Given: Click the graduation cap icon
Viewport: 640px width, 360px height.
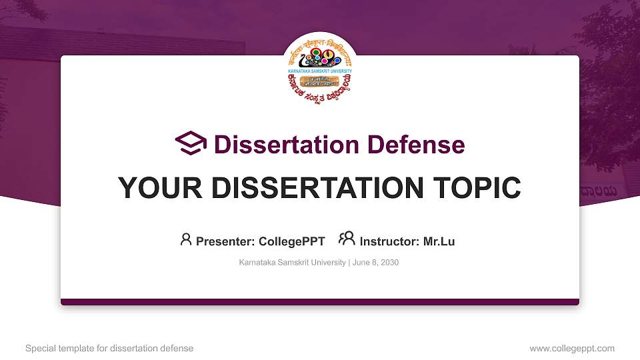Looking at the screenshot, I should click(x=191, y=143).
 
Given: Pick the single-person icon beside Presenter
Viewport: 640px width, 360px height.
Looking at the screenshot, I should click(x=186, y=239).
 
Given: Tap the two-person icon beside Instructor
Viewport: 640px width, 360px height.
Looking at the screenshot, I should click(x=347, y=239).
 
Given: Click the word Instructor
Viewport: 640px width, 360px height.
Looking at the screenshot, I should click(x=389, y=241).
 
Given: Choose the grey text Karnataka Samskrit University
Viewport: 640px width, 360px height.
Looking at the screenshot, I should click(x=292, y=263).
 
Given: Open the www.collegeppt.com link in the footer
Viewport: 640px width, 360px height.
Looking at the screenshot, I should click(x=571, y=348).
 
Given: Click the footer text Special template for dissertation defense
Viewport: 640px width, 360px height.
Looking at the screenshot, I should click(x=109, y=348).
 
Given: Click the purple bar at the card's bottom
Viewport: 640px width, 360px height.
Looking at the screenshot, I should click(x=320, y=302).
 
